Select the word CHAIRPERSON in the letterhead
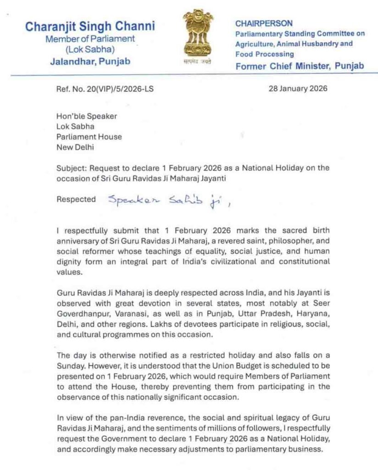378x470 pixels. click(264, 23)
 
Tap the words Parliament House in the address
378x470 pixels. click(89, 137)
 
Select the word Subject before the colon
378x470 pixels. click(70, 168)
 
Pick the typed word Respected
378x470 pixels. click(76, 200)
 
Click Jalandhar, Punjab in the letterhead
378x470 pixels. click(90, 62)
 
